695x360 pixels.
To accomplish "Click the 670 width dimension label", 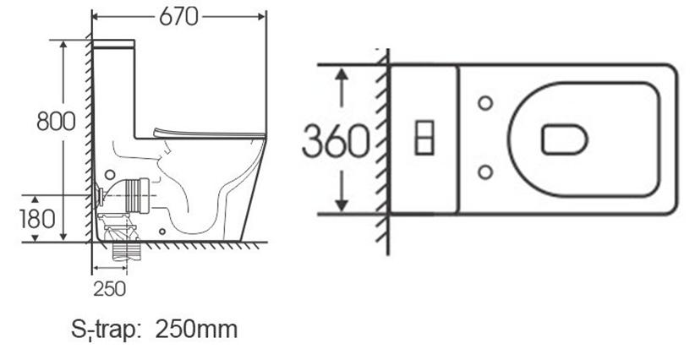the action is click(x=178, y=17).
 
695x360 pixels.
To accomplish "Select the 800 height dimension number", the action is click(x=57, y=122).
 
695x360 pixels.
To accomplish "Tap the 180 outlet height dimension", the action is click(x=37, y=219).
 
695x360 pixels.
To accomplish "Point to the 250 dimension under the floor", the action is click(x=109, y=289).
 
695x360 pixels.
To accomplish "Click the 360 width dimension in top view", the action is click(x=336, y=141).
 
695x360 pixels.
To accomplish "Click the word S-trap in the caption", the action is click(x=106, y=330).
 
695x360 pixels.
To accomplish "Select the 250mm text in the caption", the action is click(x=196, y=330).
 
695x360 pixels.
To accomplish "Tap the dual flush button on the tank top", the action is click(x=424, y=137).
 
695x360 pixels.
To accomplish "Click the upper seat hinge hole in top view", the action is click(x=485, y=103).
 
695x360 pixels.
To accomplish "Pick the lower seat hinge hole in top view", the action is click(x=485, y=172).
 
